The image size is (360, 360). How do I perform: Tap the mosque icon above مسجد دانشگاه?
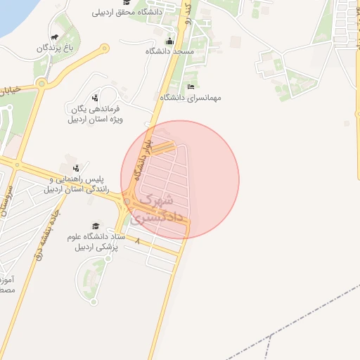(169, 41)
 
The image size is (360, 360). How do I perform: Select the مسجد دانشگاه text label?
(169, 52)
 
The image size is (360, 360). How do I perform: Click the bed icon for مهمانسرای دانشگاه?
(191, 86)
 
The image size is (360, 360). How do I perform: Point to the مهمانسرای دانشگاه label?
(191, 98)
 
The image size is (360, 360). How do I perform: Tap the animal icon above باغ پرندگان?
(55, 37)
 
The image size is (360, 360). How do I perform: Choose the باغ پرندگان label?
(56, 48)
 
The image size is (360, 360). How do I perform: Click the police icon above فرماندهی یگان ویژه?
(95, 98)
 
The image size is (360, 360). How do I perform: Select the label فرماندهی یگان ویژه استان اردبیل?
(94, 114)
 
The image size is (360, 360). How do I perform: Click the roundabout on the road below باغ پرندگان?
(41, 84)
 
